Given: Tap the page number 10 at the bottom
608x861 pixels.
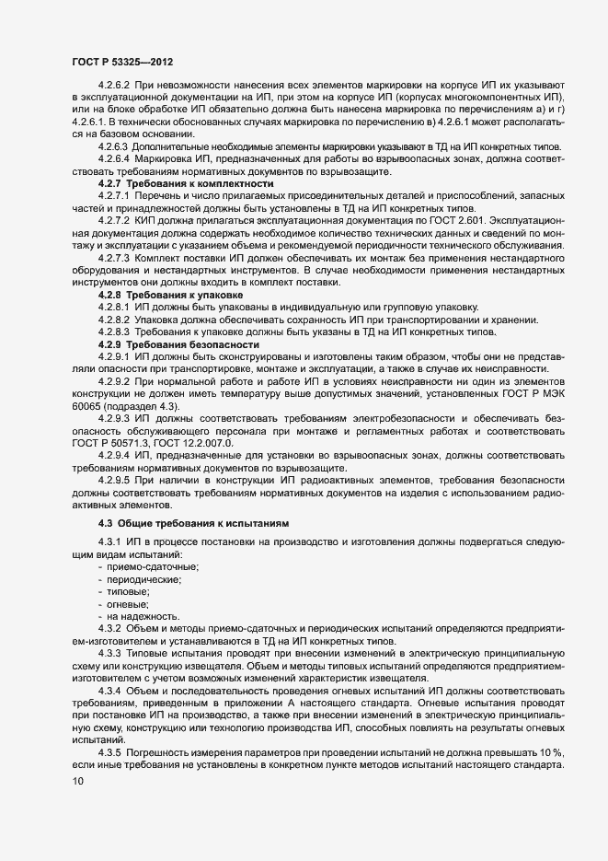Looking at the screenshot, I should tap(76, 782).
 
